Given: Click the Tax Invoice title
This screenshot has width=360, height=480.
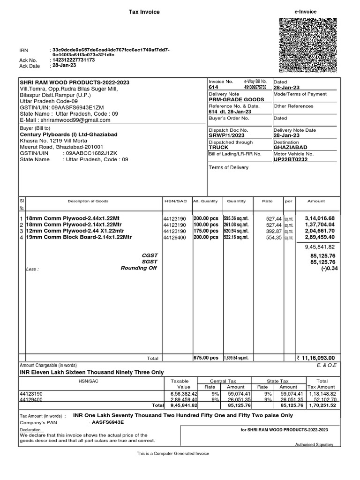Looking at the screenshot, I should click(144, 12).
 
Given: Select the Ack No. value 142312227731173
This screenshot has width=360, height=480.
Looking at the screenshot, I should click(74, 60).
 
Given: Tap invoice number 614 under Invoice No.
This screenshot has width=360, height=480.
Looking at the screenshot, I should click(213, 87).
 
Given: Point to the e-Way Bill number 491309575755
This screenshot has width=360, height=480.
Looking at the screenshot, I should click(255, 87).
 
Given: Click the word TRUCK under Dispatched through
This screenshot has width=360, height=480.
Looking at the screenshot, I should click(219, 147).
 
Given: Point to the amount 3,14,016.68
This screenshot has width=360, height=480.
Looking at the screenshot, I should click(320, 219).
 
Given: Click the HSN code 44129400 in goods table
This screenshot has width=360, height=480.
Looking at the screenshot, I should click(175, 238).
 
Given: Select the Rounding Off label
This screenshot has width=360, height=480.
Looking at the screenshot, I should click(139, 268).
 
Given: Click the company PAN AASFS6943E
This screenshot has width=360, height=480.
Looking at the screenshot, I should click(106, 422).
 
